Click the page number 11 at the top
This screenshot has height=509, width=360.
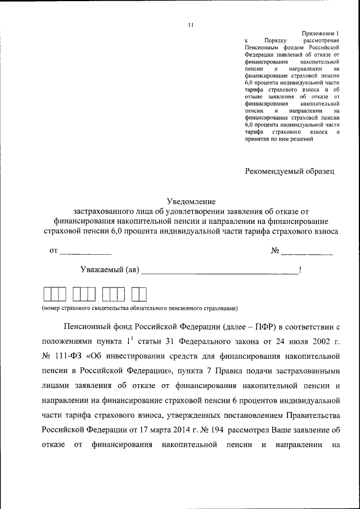191,25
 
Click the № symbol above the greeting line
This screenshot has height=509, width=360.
275,250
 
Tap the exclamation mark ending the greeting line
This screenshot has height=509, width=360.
300,270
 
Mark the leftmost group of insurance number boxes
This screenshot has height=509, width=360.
55,294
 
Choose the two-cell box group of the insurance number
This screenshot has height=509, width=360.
138,294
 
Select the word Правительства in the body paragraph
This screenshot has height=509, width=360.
308,415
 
